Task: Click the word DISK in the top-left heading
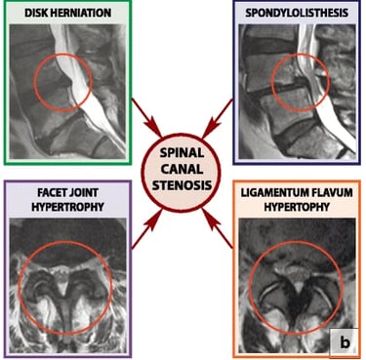37,13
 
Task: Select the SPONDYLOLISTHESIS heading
297,13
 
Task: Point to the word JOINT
84,192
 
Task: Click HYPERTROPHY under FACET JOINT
67,207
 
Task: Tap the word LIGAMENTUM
272,192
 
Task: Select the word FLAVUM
330,192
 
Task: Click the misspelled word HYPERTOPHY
297,207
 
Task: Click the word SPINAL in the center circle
182,152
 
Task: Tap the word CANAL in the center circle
182,169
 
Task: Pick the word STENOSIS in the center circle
182,185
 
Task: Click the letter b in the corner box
345,342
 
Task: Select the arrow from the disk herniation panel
146,118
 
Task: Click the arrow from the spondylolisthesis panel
218,118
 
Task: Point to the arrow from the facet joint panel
147,229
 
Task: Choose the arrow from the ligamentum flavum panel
218,229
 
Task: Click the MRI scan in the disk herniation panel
67,92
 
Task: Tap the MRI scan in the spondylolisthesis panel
297,92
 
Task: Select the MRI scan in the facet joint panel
67,285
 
